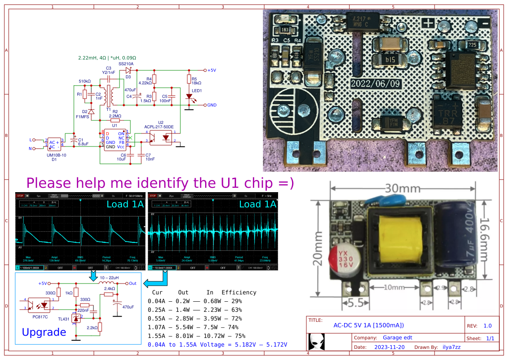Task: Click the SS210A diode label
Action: [x=126, y=63]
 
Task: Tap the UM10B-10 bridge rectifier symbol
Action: [x=54, y=145]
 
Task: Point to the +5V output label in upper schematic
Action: [x=212, y=70]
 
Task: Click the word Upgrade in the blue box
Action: [x=44, y=332]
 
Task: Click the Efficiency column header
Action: [x=239, y=292]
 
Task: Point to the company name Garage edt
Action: [x=397, y=337]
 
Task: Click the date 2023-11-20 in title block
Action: [x=390, y=347]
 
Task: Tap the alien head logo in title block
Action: [x=316, y=342]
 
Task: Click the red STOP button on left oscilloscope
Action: [x=20, y=196]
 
